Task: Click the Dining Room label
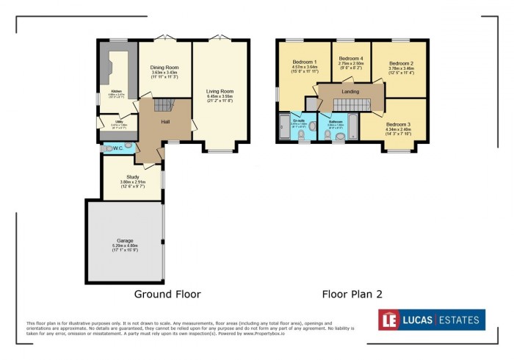(x=164, y=67)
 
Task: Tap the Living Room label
(x=220, y=90)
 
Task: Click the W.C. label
(x=117, y=148)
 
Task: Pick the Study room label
(x=133, y=176)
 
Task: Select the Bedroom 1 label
(x=304, y=62)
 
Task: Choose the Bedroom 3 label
(x=398, y=125)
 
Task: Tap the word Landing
(x=351, y=90)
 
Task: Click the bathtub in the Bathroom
(x=350, y=126)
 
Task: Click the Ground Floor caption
(x=167, y=294)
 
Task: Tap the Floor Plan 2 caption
(x=352, y=294)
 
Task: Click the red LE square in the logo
(x=390, y=320)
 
